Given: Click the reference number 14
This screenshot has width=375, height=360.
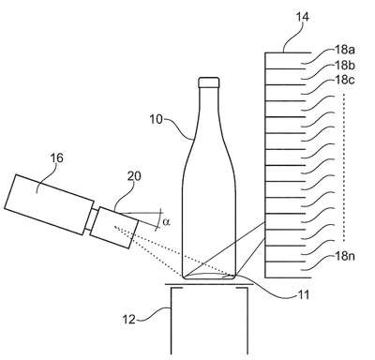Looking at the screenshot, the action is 302,17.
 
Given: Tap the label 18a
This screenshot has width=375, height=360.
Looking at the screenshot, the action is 345,50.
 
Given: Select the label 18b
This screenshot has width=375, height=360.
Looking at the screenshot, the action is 345,66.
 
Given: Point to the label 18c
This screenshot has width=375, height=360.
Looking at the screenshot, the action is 345,80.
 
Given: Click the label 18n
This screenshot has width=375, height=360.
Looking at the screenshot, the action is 345,256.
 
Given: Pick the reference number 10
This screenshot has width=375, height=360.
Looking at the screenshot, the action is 156,119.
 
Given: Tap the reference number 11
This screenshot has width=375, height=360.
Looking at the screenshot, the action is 303,294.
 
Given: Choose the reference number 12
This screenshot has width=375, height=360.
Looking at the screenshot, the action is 128,320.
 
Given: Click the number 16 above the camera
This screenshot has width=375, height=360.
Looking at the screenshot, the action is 56,158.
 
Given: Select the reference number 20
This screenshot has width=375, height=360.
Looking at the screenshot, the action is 134,176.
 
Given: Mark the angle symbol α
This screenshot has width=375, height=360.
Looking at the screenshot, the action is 166,222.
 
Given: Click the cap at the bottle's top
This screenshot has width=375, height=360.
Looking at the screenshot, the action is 209,82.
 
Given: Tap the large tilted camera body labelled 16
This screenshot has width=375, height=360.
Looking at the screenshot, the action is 49,204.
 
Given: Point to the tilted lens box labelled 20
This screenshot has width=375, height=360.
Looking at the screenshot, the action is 115,227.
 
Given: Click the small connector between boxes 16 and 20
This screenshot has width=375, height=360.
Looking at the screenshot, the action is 92,219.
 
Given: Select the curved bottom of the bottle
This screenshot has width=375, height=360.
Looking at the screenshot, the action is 208,276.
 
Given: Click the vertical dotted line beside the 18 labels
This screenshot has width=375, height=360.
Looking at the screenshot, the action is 344,167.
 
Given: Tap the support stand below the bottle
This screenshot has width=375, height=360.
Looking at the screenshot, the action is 209,320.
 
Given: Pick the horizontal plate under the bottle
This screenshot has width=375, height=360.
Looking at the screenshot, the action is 209,284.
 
